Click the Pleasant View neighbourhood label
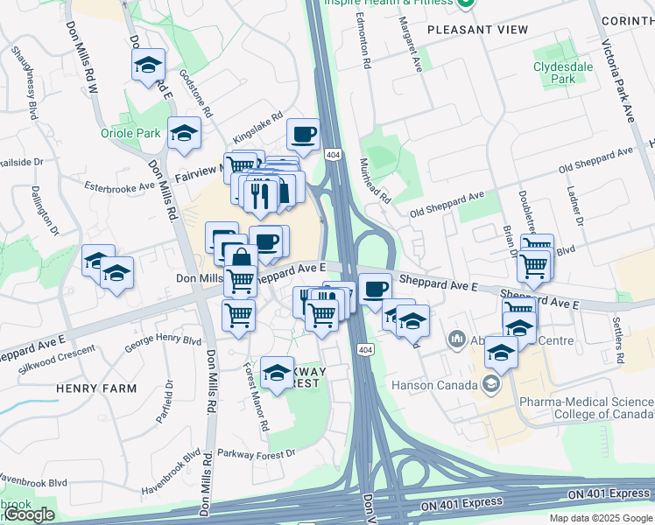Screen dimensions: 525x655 (477, 30)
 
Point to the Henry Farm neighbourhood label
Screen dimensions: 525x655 (96, 388)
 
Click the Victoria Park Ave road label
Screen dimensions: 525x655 (616, 79)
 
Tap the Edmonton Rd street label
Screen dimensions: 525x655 (368, 44)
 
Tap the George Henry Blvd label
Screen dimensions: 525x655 (163, 342)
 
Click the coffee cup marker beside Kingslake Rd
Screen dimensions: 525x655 (303, 135)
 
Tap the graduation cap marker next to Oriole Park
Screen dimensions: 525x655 (184, 132)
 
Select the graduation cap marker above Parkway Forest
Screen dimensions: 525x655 (277, 372)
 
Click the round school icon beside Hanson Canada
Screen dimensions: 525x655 (491, 383)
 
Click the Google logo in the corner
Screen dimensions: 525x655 (29, 515)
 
